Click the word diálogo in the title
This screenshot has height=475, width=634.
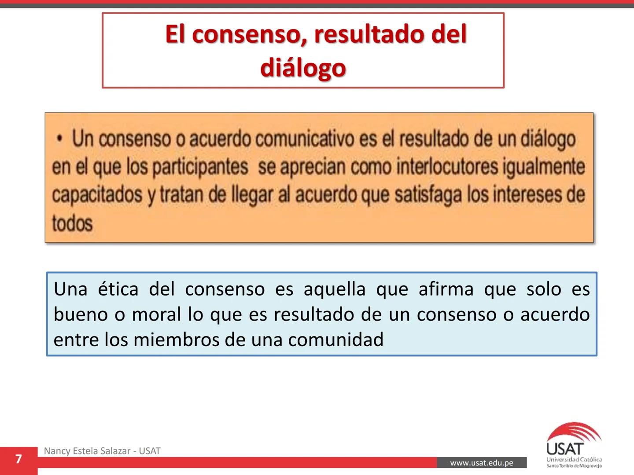pyautogui.click(x=303, y=68)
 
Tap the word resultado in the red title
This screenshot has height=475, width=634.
pyautogui.click(x=367, y=34)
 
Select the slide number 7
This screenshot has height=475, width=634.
pyautogui.click(x=18, y=460)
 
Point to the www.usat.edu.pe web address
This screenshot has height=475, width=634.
pyautogui.click(x=482, y=463)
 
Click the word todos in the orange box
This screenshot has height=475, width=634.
pyautogui.click(x=72, y=223)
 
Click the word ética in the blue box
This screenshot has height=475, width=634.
pyautogui.click(x=118, y=289)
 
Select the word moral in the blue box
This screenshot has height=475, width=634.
pyautogui.click(x=156, y=314)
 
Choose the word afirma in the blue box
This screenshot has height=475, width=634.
pyautogui.click(x=446, y=289)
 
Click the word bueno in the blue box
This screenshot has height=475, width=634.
pyautogui.click(x=81, y=314)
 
